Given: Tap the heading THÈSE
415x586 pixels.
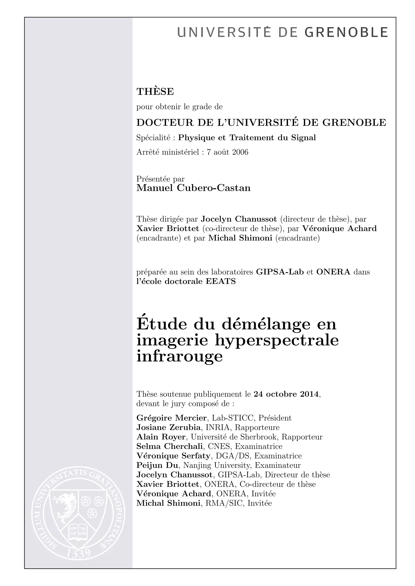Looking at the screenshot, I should click(155, 92).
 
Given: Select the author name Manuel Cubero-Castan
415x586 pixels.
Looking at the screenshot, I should click(194, 188).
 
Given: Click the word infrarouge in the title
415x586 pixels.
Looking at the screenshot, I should click(180, 356).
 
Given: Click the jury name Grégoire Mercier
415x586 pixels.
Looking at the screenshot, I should click(171, 418).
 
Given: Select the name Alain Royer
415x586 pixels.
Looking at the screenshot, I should click(161, 437).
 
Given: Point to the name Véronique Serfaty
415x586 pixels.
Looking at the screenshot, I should click(173, 456).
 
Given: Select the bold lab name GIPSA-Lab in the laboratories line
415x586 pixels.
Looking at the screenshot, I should click(280, 272).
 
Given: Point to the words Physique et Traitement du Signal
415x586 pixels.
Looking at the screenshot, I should click(247, 138).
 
